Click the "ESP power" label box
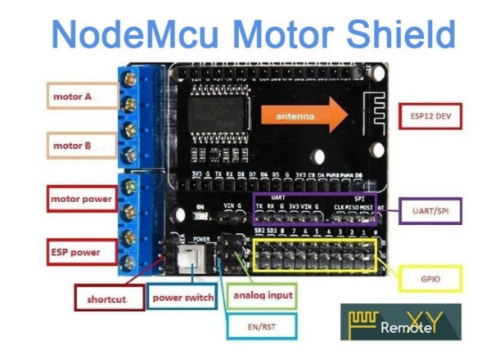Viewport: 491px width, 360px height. coord(74,252)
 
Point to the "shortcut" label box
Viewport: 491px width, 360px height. coord(106,299)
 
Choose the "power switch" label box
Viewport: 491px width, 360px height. coord(182,298)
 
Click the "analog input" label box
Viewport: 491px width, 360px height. coord(263,295)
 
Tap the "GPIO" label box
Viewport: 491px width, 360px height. coord(431,277)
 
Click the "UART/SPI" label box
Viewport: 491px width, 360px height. coord(430,212)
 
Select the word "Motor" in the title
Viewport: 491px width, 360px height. coord(264,35)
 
